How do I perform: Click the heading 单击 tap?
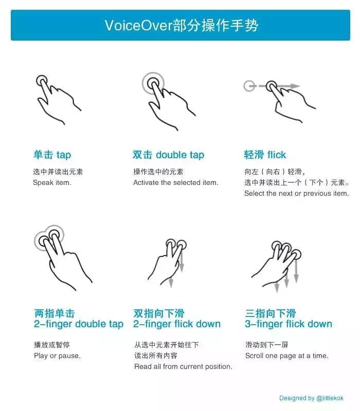tap(52, 155)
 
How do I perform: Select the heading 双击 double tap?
tap(168, 155)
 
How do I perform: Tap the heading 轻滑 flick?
tap(265, 155)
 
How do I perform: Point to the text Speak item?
tap(52, 182)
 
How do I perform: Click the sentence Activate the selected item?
tap(175, 182)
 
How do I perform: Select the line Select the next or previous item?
tap(296, 193)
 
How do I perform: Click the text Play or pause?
tap(57, 356)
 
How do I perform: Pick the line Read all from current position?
tap(183, 366)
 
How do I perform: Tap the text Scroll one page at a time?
tap(286, 356)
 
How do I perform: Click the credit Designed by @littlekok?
tap(311, 398)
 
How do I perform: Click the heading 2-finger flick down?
tap(177, 324)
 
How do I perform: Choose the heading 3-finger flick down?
tap(289, 324)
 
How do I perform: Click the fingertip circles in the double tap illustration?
tap(153, 82)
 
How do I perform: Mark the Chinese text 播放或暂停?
tap(52, 345)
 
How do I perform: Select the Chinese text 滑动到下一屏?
tap(267, 345)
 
